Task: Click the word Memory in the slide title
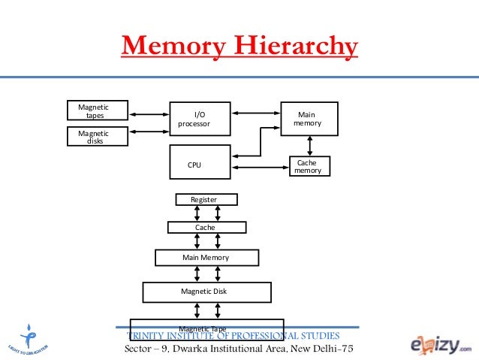coord(173,47)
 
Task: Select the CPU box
coord(199,164)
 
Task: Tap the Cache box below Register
coord(206,227)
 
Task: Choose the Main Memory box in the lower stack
coord(206,258)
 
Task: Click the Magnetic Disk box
coord(206,292)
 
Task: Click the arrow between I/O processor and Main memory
coord(255,113)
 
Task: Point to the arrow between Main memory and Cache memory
coord(309,146)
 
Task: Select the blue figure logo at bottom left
coord(29,337)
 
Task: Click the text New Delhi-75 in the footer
coord(316,351)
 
